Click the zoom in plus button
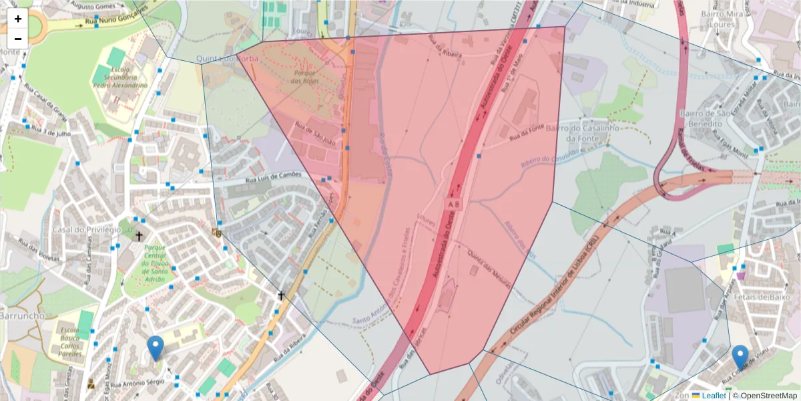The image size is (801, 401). pos(18,19)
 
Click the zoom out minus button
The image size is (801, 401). pos(18,39)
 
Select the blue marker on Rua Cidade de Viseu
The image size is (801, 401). pos(740,356)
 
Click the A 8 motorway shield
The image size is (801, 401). pos(454,203)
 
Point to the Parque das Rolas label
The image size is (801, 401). pos(306,77)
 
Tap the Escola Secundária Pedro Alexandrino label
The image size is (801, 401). pos(120,78)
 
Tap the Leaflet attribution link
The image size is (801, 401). pos(714,396)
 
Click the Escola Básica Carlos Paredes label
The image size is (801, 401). pos(69,342)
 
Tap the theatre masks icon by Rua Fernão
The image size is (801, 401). pos(216,233)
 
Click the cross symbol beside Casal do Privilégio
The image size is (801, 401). pos(140,236)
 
